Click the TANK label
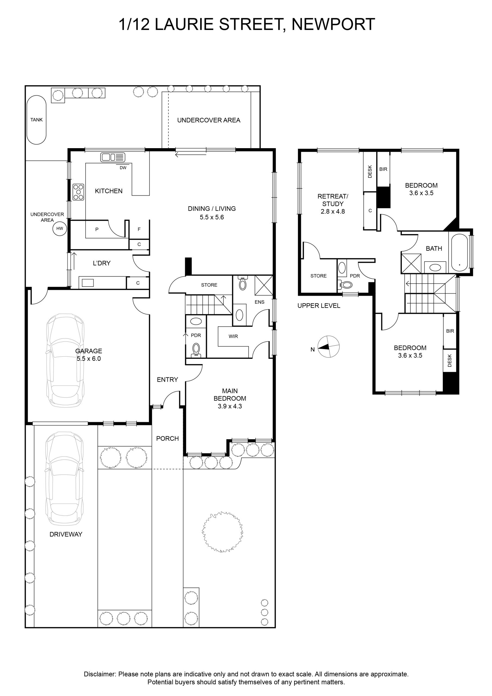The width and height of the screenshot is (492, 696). coord(36,120)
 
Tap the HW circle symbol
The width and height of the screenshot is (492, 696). coord(60,229)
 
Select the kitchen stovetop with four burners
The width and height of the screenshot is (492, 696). coord(78,192)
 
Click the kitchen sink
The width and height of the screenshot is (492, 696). coord(113,157)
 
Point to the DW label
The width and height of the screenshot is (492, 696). coord(123,168)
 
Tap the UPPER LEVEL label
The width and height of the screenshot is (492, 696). coord(319,306)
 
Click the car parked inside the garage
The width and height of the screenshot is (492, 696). coord(65,361)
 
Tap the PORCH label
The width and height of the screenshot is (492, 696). coord(168,438)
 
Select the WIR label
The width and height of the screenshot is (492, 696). coord(233,336)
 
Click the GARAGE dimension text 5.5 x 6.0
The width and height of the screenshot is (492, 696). coord(89,359)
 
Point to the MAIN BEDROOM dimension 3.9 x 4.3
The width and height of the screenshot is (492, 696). coord(230,406)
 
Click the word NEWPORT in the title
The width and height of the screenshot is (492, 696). coord(333,24)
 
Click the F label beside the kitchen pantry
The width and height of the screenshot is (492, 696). coord(139,229)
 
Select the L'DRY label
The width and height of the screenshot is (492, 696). coord(102,263)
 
